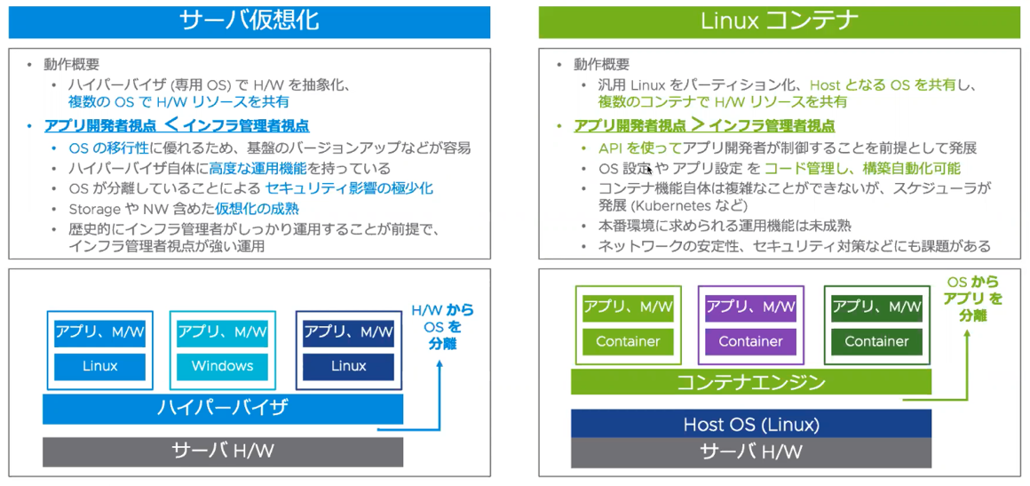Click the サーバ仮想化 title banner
coord(249,21)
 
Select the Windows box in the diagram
coord(222,366)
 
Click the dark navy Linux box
coord(348,366)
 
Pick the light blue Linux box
coord(99,366)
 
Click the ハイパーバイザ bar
coord(222,409)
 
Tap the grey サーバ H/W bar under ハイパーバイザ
coord(222,451)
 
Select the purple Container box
coord(750,341)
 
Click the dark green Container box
coord(876,341)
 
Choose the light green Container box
coord(628,341)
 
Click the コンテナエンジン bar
coord(750,382)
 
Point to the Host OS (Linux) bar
coord(750,424)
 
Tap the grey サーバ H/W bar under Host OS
coord(750,451)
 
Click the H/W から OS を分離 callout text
coord(441,326)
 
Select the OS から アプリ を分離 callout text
coord(972,299)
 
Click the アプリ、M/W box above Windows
coord(222,332)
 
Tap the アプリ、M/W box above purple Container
coord(750,307)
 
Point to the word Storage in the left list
coord(94,209)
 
